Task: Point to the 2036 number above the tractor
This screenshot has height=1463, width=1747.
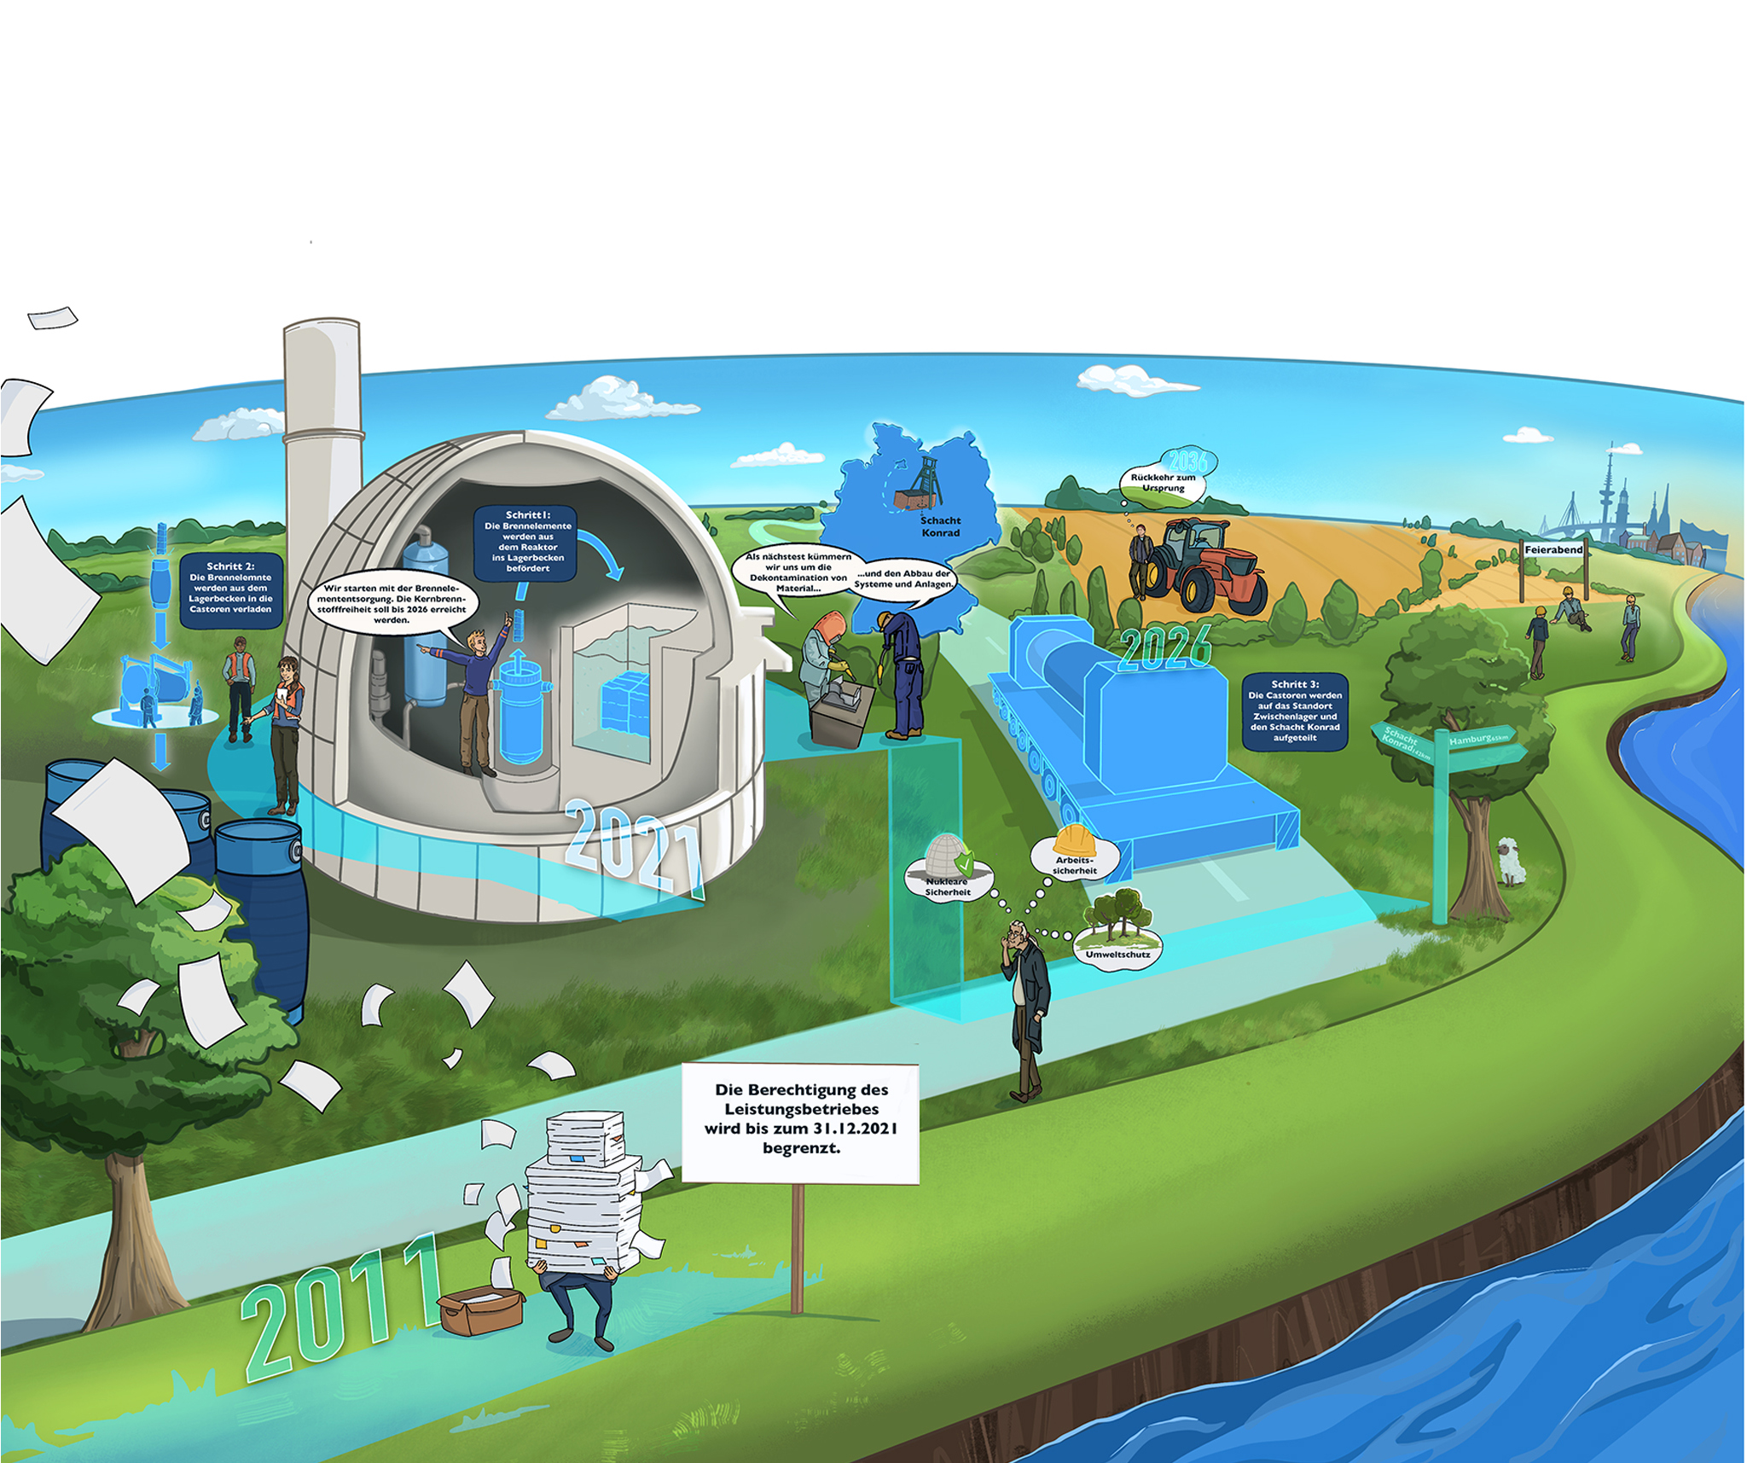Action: coord(1188,462)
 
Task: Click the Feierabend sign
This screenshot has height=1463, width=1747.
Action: coord(1553,550)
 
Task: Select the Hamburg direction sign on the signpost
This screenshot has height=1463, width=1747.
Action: coord(1480,739)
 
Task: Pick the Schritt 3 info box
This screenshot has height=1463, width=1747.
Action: coord(1295,711)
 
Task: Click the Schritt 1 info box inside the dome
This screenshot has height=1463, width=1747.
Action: coord(526,543)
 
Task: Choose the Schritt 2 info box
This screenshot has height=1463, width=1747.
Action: coord(230,589)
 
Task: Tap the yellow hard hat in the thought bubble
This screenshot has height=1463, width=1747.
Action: coord(1075,839)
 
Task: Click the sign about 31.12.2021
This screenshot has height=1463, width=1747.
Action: coord(800,1122)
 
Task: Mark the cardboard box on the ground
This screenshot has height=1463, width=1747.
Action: coord(480,1309)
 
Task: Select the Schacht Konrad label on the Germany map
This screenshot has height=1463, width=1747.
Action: coord(940,526)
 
